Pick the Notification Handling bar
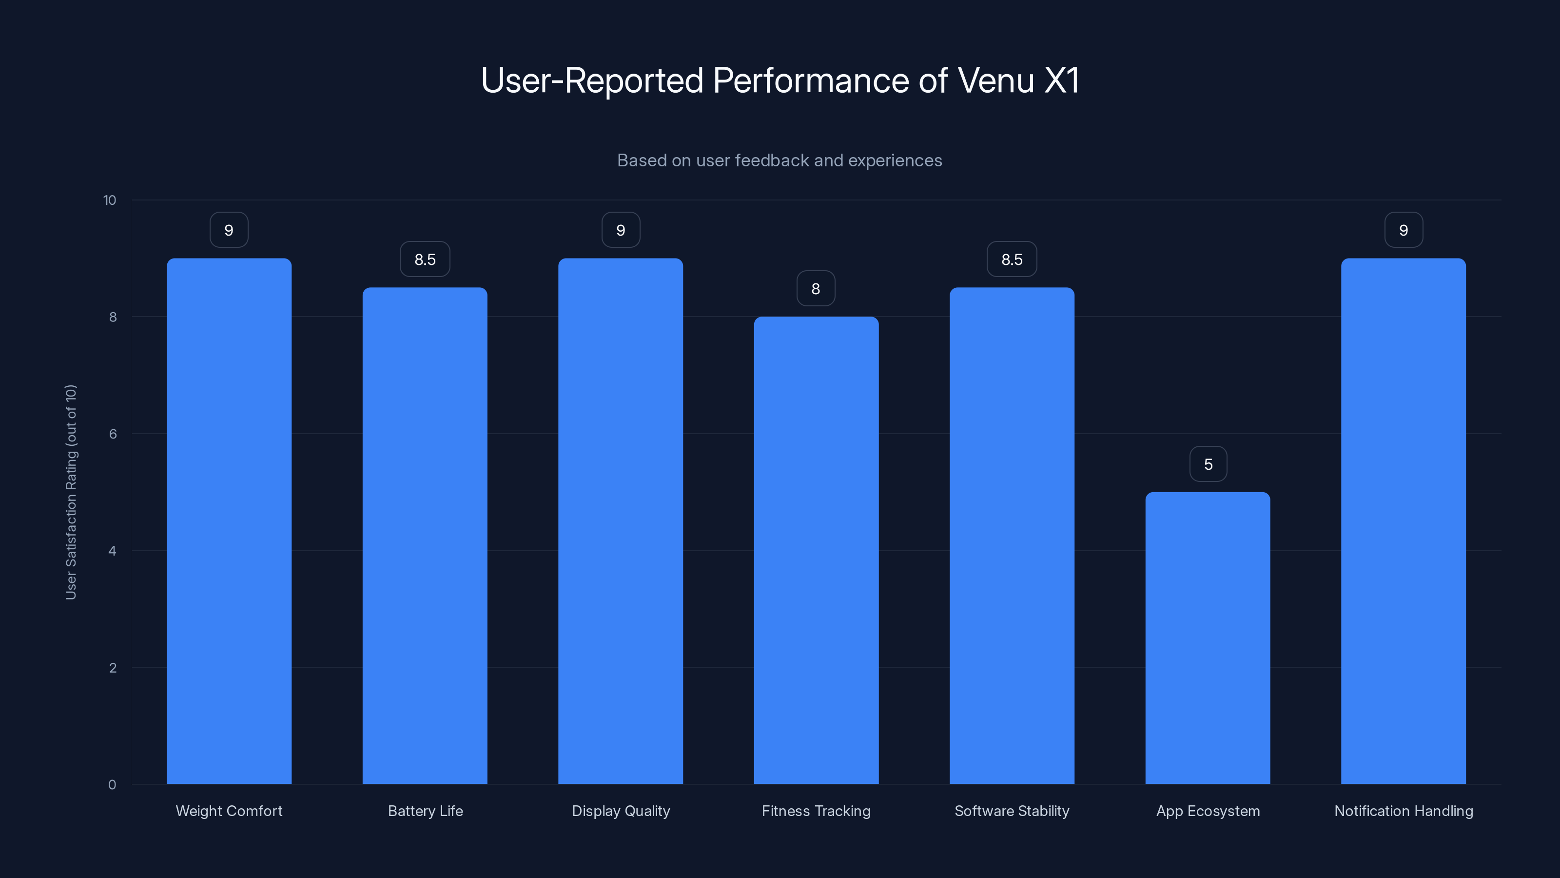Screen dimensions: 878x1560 [x=1403, y=520]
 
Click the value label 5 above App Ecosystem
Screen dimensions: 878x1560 [x=1208, y=464]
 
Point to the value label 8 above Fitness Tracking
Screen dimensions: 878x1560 [x=816, y=288]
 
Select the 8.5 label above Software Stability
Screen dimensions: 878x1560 [x=1012, y=259]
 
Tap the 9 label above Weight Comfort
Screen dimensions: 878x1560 [x=229, y=230]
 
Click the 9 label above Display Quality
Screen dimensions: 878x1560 [x=621, y=230]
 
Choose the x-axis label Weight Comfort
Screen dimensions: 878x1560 [x=229, y=811]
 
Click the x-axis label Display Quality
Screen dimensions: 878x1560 [x=621, y=811]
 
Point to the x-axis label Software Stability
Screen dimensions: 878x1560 [x=1012, y=811]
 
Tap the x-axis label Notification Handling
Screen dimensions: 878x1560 [x=1403, y=811]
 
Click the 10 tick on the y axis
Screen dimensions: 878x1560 [x=110, y=200]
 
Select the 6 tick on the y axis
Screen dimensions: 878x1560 [x=113, y=434]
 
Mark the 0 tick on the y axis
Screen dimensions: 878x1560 [x=112, y=785]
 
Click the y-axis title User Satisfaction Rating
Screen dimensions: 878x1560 [x=71, y=492]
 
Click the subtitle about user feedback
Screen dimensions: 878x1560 [x=780, y=160]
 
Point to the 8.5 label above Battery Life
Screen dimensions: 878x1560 [x=425, y=259]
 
